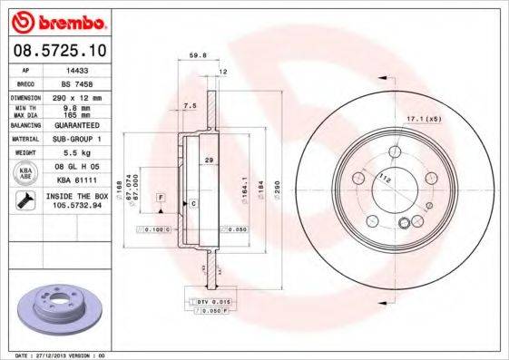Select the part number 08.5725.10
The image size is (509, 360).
[57, 53]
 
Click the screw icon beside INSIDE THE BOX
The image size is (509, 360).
[24, 199]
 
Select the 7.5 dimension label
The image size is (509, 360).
[189, 106]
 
